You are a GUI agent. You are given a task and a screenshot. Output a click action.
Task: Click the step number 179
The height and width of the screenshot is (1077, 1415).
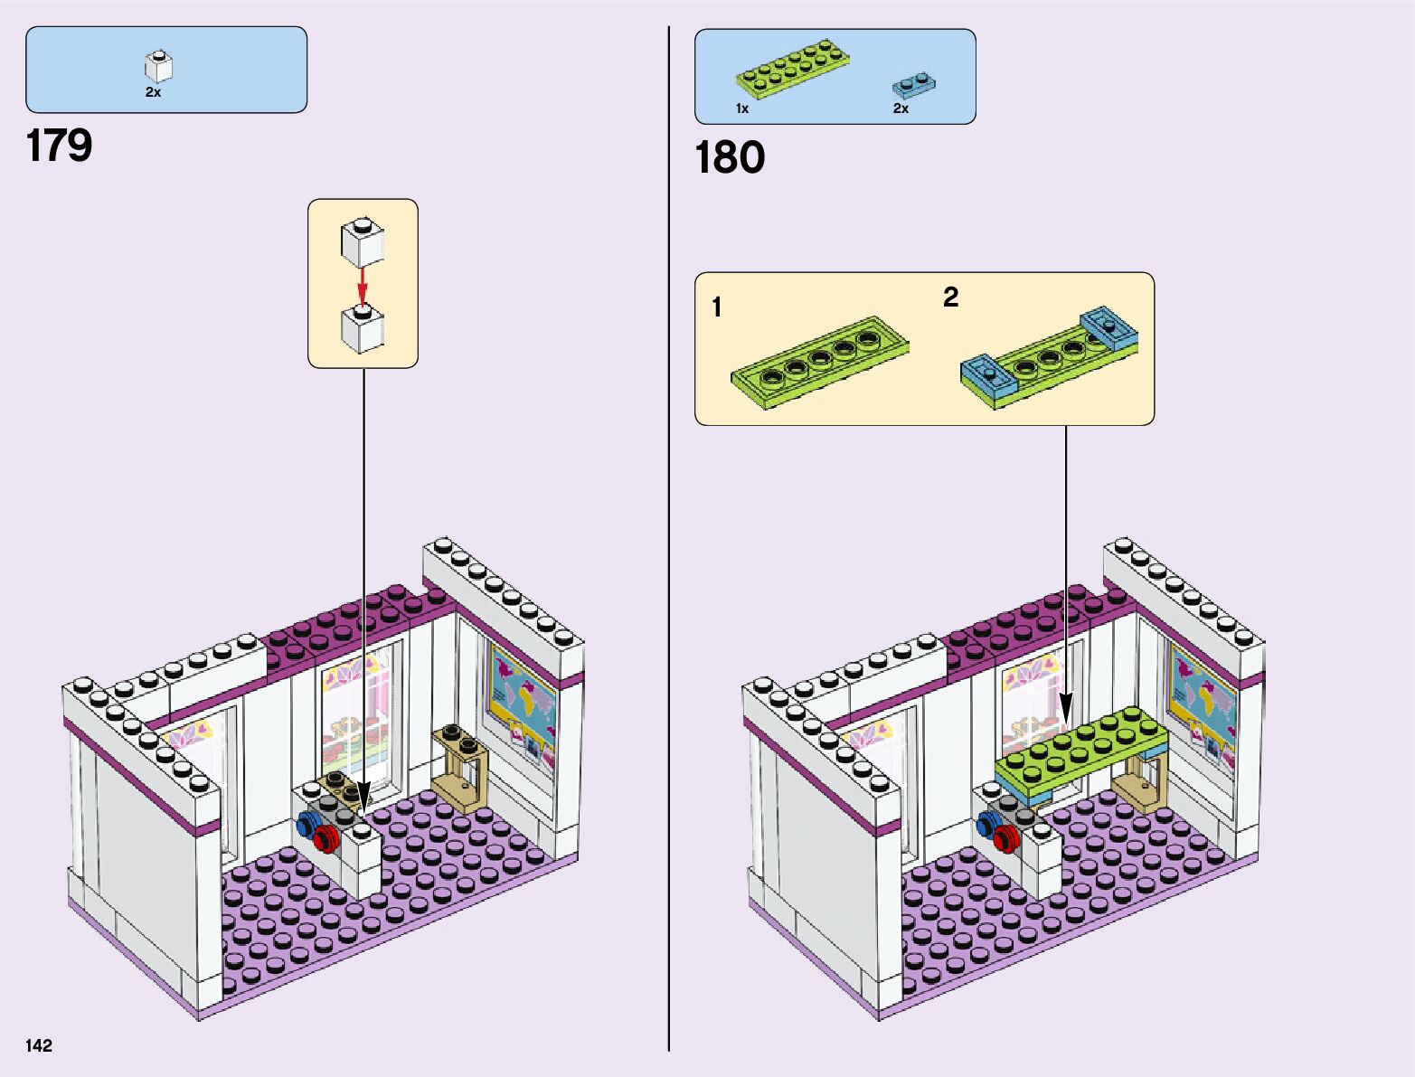point(59,146)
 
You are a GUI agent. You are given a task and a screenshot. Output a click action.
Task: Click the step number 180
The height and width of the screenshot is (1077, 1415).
point(730,157)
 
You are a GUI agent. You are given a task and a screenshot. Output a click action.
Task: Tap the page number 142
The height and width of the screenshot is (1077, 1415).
point(39,1045)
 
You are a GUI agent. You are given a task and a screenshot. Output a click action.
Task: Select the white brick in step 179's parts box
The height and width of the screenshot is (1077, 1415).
point(158,66)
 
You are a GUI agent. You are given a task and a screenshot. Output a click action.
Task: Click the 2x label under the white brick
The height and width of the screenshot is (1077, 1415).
point(153,92)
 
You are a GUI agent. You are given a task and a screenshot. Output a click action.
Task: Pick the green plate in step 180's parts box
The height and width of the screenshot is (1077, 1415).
point(793,68)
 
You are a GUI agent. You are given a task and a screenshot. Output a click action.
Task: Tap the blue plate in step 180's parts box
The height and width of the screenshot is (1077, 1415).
point(913,85)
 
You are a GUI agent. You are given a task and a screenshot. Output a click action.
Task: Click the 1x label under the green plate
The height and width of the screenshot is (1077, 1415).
point(742,109)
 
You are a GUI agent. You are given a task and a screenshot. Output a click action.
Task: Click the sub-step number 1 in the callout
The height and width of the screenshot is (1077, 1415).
point(717,307)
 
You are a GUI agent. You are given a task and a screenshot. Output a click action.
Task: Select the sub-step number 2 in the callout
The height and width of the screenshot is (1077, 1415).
point(950,297)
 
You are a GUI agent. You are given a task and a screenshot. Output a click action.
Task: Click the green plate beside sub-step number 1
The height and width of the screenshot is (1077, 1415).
point(818,362)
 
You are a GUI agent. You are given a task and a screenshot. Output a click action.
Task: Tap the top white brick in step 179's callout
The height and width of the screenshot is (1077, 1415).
point(362,241)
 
